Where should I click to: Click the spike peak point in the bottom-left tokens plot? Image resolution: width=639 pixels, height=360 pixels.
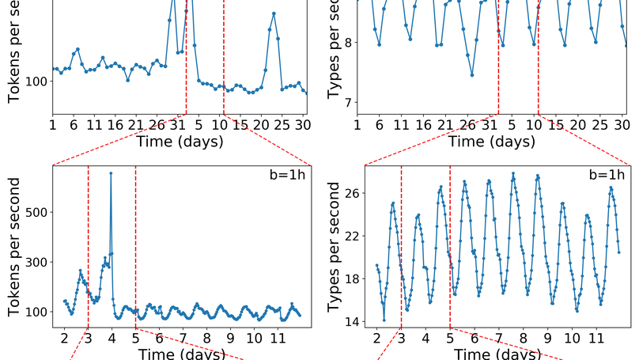coord(111,173)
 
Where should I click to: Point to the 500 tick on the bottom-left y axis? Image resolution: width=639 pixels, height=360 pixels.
coord(37,212)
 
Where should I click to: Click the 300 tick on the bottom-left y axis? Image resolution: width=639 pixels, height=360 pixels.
coord(37,262)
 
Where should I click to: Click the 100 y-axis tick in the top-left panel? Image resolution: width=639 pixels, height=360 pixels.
coord(36,81)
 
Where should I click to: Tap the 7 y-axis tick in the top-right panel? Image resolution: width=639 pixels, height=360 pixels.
coord(346,102)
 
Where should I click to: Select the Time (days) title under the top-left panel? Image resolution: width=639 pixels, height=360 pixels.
coord(180,142)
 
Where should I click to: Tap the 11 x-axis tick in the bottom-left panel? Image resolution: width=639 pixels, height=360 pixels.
coord(278,338)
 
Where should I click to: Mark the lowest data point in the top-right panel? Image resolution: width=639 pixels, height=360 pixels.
coord(472,75)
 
